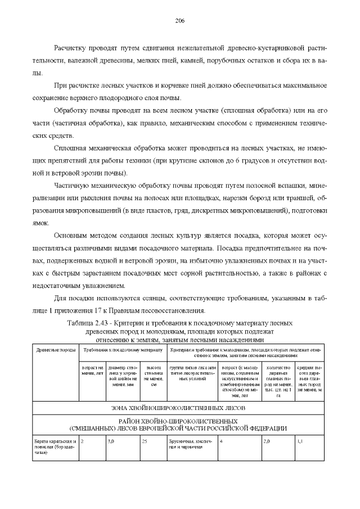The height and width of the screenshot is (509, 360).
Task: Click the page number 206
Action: [180, 20]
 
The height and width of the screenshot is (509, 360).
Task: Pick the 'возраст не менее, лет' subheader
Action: [92, 372]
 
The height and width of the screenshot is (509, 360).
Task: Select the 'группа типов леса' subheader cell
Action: [192, 372]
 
